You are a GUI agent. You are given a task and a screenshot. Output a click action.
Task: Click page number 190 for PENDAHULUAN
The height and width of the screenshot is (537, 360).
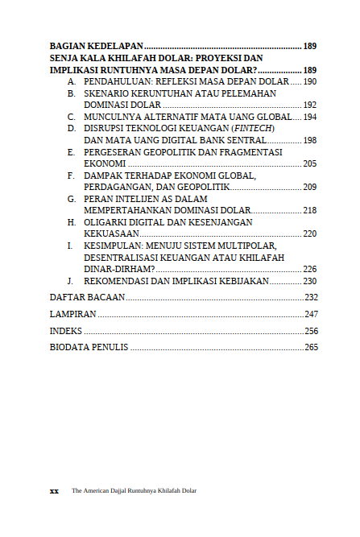point(310,82)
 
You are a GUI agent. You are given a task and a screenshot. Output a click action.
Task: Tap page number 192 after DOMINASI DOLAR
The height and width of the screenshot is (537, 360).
point(310,105)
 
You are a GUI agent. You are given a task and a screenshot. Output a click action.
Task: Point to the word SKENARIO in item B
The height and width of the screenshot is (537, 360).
point(107,94)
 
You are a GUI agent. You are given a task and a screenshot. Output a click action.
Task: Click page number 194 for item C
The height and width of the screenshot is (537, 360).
point(310,118)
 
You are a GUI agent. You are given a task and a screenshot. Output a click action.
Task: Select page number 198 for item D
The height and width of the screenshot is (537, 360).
point(310,140)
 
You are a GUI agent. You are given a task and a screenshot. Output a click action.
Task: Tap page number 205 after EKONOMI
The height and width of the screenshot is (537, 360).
point(310,163)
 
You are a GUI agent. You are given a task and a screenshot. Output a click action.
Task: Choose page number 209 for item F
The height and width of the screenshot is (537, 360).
point(310,187)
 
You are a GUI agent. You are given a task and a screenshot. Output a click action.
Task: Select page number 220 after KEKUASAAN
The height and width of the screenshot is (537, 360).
point(310,233)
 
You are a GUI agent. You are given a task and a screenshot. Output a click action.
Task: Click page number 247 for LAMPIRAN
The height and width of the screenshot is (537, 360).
point(312,314)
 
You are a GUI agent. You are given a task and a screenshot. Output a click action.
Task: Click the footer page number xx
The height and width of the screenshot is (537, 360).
point(54,490)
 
